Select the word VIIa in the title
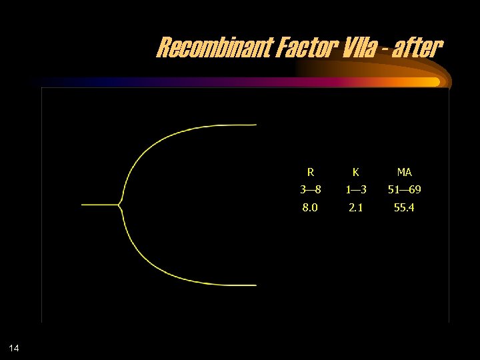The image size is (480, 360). pyautogui.click(x=352, y=48)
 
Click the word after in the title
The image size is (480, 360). pyautogui.click(x=417, y=48)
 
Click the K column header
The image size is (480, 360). pyautogui.click(x=355, y=173)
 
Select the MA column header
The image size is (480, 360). pyautogui.click(x=404, y=173)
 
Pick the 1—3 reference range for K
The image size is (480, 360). pyautogui.click(x=355, y=190)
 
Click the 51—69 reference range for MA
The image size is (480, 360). pyautogui.click(x=404, y=190)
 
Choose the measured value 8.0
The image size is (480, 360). pyautogui.click(x=310, y=207)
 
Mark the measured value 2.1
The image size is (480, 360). pyautogui.click(x=355, y=207)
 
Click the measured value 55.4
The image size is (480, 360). pyautogui.click(x=404, y=207)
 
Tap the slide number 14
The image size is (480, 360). pyautogui.click(x=15, y=347)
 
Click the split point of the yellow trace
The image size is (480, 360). pyautogui.click(x=119, y=205)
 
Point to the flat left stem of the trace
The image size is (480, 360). pyautogui.click(x=99, y=205)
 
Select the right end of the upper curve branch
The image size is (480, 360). pyautogui.click(x=255, y=125)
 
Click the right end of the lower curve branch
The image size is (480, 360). pyautogui.click(x=255, y=285)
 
